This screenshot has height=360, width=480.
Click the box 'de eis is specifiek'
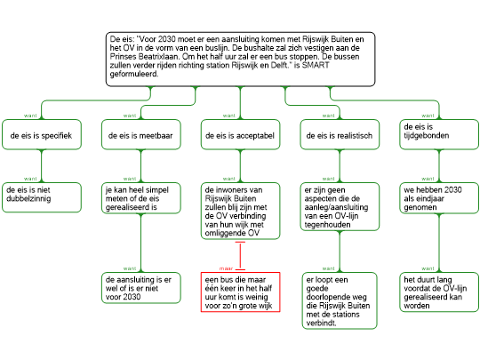click(42, 135)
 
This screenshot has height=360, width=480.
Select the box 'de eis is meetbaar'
click(141, 135)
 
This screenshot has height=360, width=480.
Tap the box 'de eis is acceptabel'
click(240, 135)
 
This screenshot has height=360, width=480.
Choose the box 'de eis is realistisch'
click(340, 135)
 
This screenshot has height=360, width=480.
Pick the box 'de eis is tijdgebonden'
click(439, 135)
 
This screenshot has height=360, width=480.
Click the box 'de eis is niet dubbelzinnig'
click(42, 197)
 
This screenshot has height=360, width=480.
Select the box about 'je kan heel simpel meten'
click(141, 198)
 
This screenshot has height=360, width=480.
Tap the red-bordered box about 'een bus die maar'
click(240, 292)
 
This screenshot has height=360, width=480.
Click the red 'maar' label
click(226, 268)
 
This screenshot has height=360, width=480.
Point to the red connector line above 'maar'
click(240, 256)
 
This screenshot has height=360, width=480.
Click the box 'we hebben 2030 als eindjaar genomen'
click(439, 198)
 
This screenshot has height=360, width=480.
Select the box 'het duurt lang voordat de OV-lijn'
click(439, 292)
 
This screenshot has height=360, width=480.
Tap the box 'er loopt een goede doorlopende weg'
click(340, 300)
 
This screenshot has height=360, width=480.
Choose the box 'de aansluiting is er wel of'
click(141, 288)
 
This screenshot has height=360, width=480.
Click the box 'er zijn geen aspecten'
click(340, 206)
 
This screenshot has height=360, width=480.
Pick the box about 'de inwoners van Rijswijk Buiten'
click(240, 211)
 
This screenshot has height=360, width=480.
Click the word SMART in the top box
click(316, 65)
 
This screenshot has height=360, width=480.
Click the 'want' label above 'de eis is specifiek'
click(30, 116)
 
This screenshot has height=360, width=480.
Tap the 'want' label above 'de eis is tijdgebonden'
click(428, 116)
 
